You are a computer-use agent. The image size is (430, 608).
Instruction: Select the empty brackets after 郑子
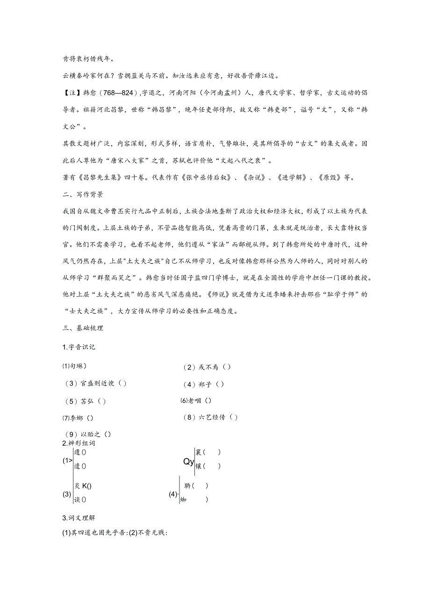(x=220, y=384)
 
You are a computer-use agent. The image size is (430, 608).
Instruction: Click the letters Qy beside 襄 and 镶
(x=188, y=462)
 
